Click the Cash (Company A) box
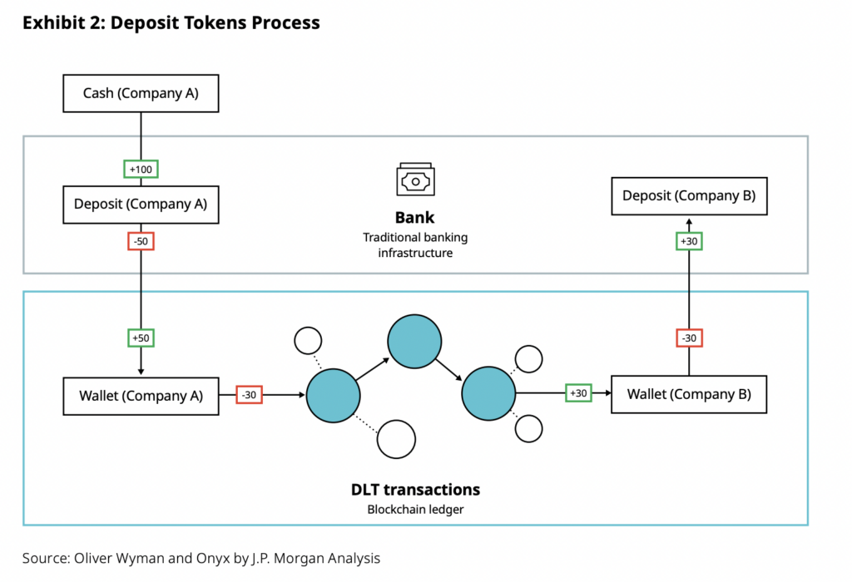click(141, 93)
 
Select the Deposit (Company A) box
click(141, 204)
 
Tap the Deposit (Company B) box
click(689, 196)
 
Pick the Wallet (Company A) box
click(141, 395)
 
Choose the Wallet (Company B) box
click(689, 394)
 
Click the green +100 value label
click(141, 169)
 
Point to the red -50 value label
click(141, 241)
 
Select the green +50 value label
click(141, 338)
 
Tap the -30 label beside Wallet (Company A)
click(249, 395)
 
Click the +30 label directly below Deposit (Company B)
click(689, 241)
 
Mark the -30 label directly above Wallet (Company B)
click(689, 338)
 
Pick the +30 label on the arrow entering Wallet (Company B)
click(577, 393)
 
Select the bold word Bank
click(414, 218)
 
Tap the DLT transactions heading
click(414, 490)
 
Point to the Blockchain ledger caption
click(414, 509)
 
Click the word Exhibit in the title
click(52, 22)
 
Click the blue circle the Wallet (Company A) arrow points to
click(332, 395)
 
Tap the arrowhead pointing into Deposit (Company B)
click(689, 222)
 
